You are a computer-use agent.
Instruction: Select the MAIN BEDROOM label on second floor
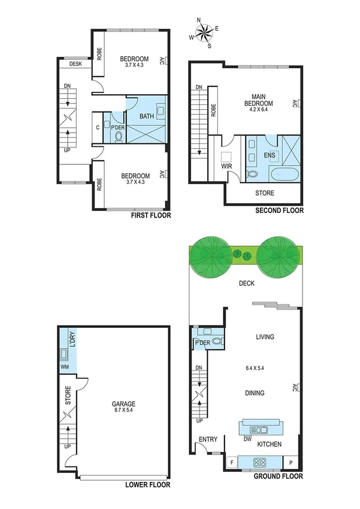point(259,100)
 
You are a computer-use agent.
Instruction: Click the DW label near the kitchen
point(247,439)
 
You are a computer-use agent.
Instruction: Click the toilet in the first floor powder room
point(117,137)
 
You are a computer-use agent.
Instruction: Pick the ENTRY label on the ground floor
point(208,439)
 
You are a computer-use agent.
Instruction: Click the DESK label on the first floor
point(75,64)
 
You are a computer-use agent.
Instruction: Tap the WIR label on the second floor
point(226,167)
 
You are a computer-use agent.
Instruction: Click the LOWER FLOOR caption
point(148,484)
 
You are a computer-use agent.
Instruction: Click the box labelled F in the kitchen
point(231,462)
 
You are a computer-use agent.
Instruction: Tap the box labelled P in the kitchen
point(291,462)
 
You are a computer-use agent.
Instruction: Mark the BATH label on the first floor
point(147,116)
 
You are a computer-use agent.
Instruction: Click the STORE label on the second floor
point(265,193)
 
